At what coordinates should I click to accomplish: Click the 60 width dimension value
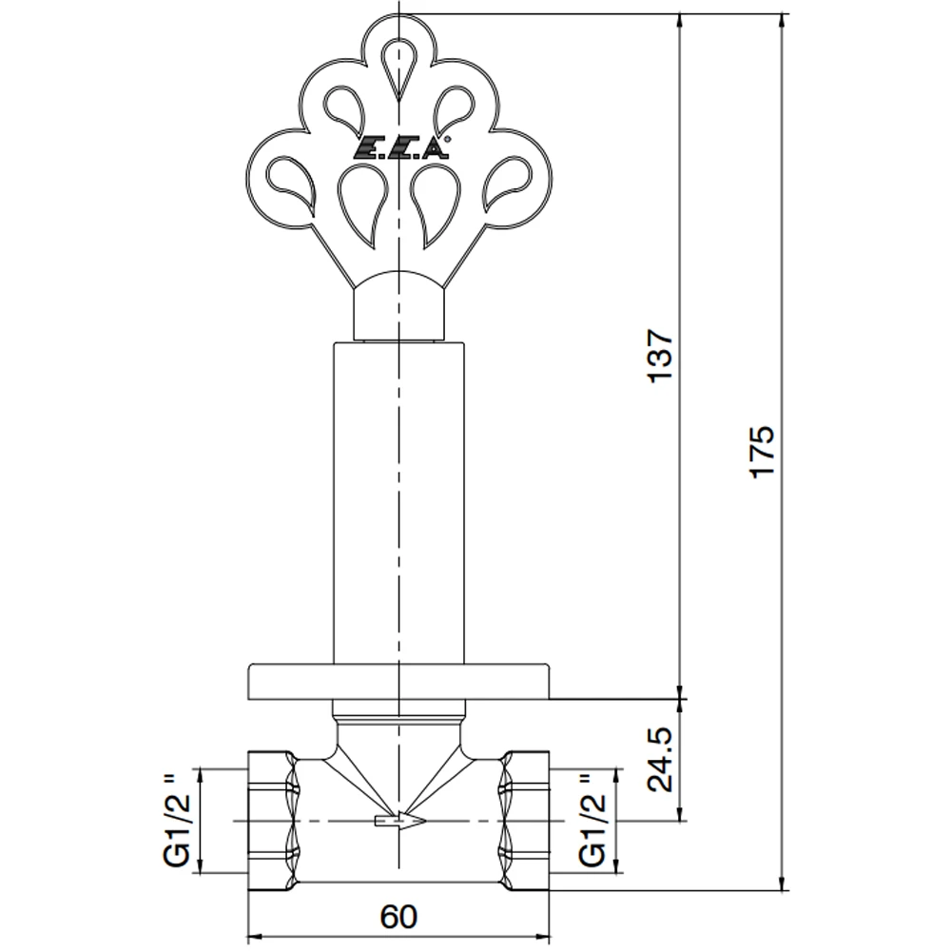(398, 917)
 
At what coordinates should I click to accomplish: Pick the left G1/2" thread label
(178, 821)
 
